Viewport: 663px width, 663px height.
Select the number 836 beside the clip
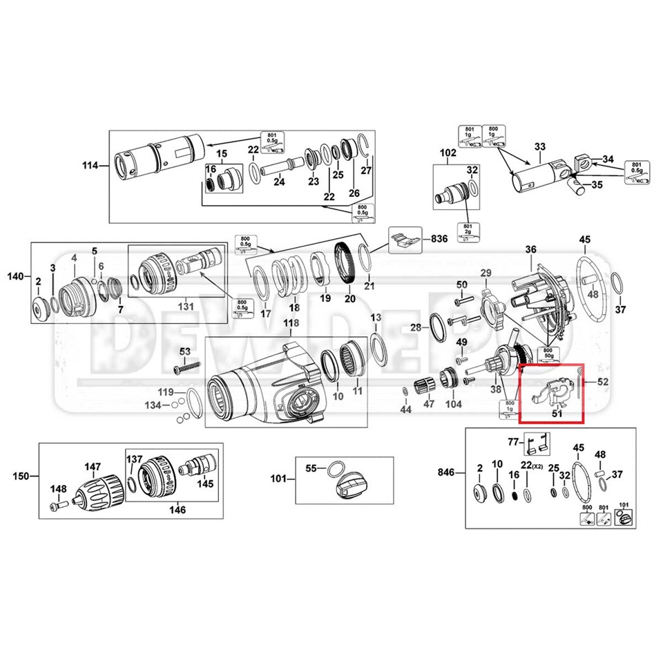click(x=439, y=238)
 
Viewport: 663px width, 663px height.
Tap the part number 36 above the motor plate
click(x=530, y=249)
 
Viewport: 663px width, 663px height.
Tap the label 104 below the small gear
click(x=453, y=403)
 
